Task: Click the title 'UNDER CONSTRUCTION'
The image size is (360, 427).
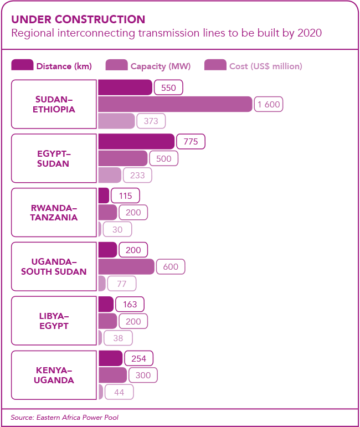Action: click(x=78, y=19)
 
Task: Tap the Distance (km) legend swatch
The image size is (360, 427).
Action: click(x=22, y=66)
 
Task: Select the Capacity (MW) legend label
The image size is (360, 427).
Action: click(x=161, y=66)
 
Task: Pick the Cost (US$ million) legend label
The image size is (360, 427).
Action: click(x=266, y=66)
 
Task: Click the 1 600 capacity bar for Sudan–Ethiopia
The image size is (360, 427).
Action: click(x=175, y=104)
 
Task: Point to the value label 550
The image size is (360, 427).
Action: click(x=168, y=88)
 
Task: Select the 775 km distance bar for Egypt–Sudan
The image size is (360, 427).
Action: click(x=136, y=142)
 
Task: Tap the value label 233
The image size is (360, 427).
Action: click(x=137, y=175)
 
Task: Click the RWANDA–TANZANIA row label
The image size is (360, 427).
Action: click(x=54, y=213)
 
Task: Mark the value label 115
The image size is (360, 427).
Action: click(x=125, y=196)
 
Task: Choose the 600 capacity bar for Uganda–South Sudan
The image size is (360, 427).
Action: click(x=126, y=266)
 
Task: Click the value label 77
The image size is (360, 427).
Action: click(x=122, y=284)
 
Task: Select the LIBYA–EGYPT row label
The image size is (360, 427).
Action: click(x=54, y=321)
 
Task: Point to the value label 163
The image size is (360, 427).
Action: click(x=130, y=304)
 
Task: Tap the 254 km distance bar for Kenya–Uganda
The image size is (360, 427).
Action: click(x=110, y=358)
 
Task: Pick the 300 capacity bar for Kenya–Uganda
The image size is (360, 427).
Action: click(x=112, y=375)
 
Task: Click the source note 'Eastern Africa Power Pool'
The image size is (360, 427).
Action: click(x=78, y=417)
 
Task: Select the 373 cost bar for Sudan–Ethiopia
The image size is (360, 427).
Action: click(x=116, y=121)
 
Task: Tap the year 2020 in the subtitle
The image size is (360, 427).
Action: click(x=309, y=33)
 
